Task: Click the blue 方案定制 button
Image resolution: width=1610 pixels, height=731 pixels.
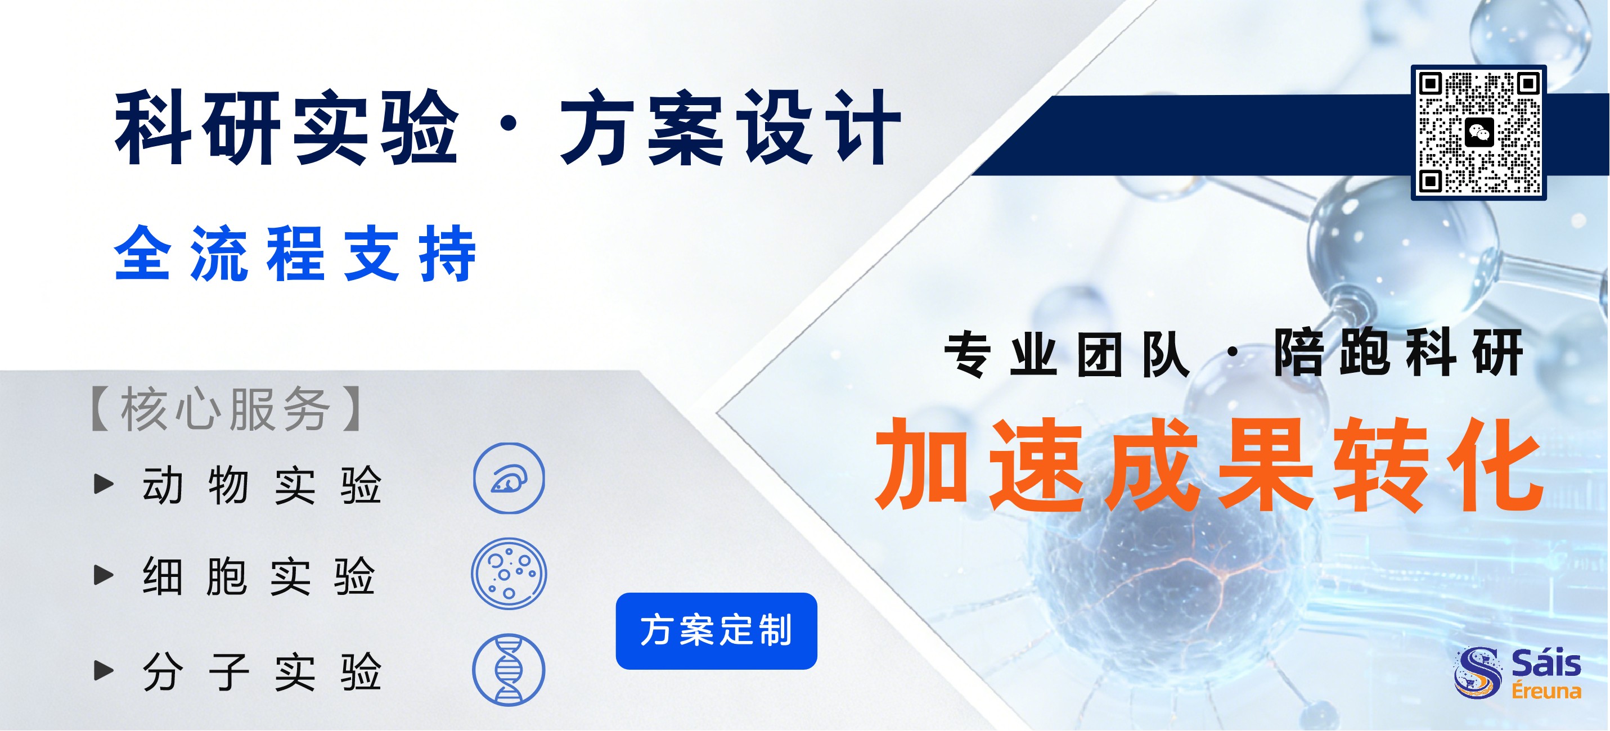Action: [x=716, y=630]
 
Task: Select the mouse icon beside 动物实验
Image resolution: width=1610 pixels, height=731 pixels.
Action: [x=509, y=479]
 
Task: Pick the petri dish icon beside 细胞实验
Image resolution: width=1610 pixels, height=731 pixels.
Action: [x=509, y=574]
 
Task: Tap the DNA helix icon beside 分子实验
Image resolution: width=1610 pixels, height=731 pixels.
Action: [x=509, y=670]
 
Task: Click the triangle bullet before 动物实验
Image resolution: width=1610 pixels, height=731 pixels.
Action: [x=103, y=484]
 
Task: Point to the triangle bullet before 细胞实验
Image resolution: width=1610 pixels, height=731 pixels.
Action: [x=103, y=575]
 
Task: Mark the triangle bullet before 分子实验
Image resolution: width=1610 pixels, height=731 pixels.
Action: [x=103, y=670]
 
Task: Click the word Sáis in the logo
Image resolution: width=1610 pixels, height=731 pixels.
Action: [x=1546, y=663]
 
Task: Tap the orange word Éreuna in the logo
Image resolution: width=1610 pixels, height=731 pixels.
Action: [x=1546, y=691]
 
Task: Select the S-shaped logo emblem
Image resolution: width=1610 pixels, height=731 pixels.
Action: [x=1478, y=673]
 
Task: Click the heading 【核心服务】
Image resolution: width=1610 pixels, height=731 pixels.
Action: [x=226, y=409]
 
